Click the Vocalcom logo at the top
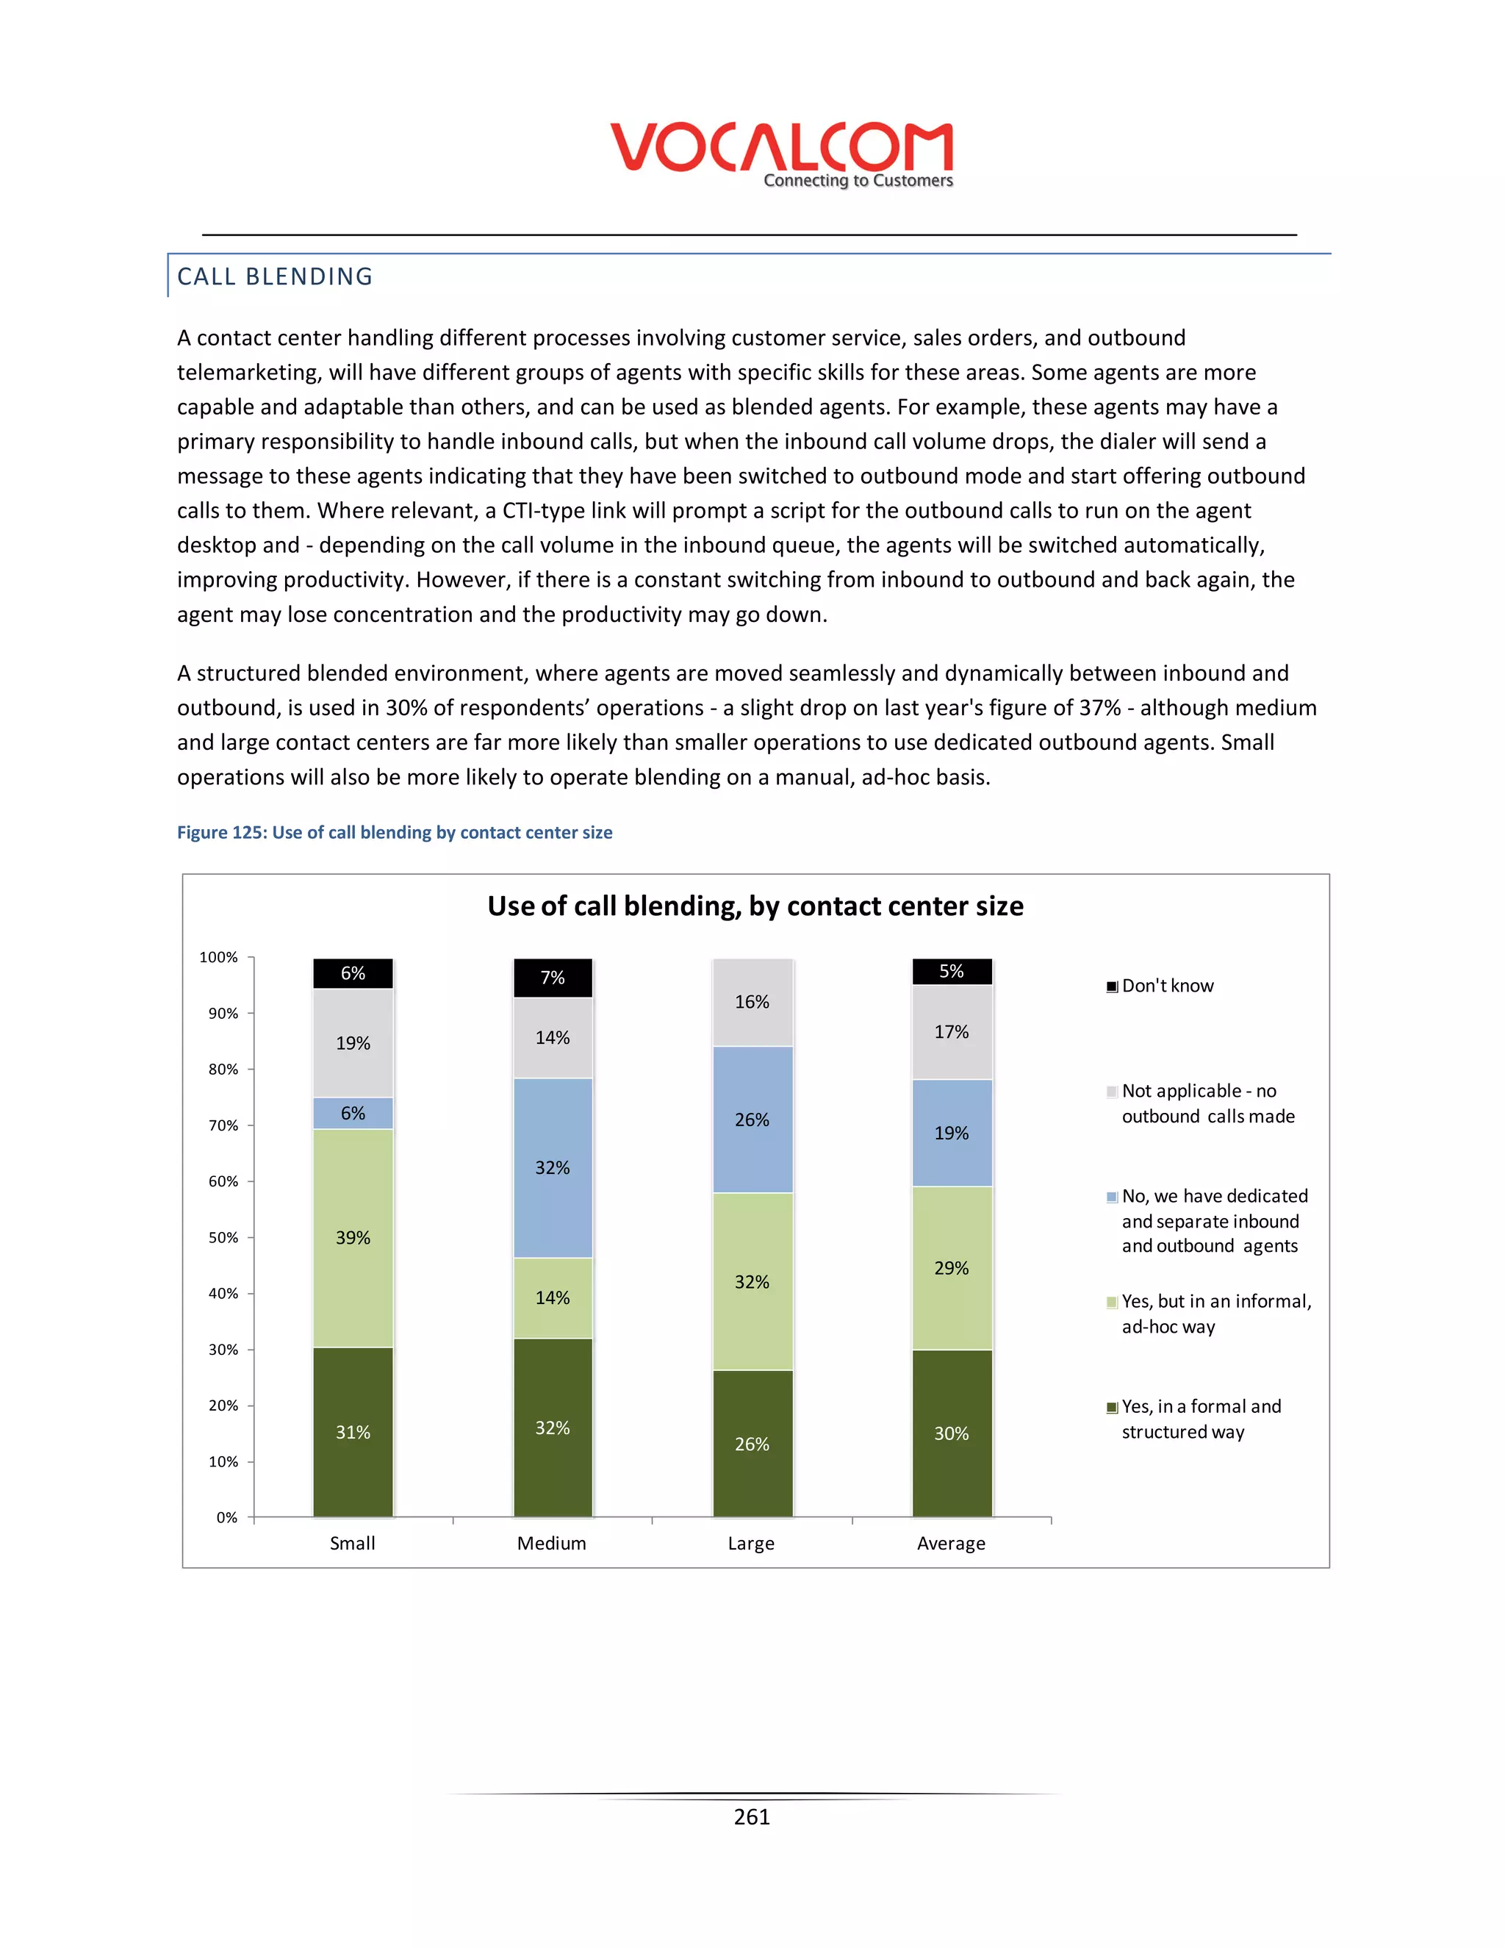(x=781, y=154)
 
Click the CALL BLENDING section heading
(x=275, y=276)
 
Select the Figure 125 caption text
(x=394, y=832)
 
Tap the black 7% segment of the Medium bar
(x=553, y=978)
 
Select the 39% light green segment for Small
(x=353, y=1238)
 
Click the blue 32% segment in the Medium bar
(x=553, y=1167)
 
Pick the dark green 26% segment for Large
(x=752, y=1444)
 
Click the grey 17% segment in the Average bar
(x=952, y=1032)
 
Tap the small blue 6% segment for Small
(x=353, y=1113)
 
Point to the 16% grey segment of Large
(x=752, y=1002)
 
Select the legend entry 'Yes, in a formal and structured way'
(x=1200, y=1419)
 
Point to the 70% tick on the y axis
(x=224, y=1125)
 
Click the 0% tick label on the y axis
(x=227, y=1517)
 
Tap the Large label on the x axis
(x=751, y=1543)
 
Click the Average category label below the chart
(x=952, y=1543)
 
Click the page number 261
(x=752, y=1817)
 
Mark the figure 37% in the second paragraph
(x=1099, y=708)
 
